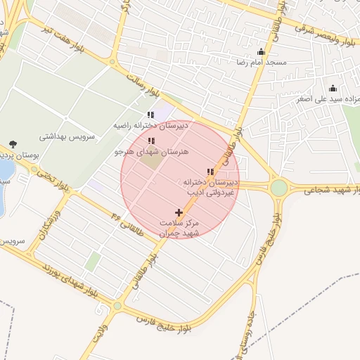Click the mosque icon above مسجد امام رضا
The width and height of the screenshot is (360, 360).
(x=262, y=51)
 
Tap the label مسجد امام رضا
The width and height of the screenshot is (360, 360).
(x=262, y=63)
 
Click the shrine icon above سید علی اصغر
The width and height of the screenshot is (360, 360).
(x=333, y=88)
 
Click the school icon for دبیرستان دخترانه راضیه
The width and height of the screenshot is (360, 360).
(x=150, y=115)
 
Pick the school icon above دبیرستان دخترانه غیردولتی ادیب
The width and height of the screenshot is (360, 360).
(x=209, y=172)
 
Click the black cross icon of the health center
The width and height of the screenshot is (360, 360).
(x=179, y=212)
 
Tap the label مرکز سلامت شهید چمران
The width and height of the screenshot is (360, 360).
(x=180, y=227)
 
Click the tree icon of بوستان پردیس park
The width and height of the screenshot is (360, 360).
(x=13, y=144)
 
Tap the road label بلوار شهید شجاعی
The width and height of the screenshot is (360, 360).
(x=328, y=191)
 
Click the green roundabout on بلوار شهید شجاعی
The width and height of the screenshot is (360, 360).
(x=279, y=188)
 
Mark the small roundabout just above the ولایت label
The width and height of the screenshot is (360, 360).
(x=117, y=306)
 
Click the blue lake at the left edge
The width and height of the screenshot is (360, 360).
(x=4, y=171)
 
